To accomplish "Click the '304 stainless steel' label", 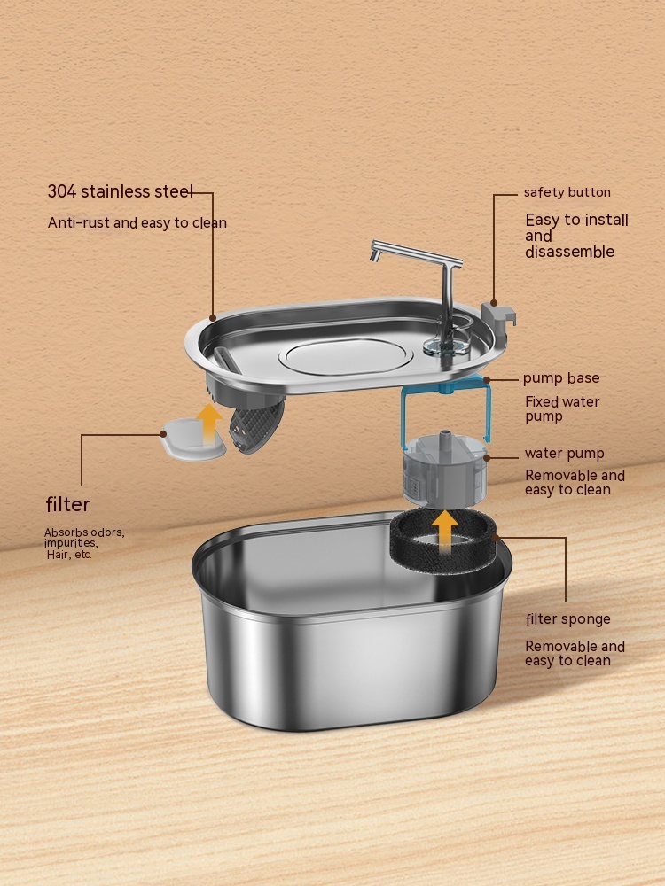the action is click(x=120, y=191).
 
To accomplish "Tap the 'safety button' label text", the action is click(x=567, y=192).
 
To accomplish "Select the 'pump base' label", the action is click(x=561, y=378).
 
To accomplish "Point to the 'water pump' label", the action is click(x=564, y=454).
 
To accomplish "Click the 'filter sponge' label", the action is click(x=567, y=619).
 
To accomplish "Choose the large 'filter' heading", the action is click(x=68, y=504).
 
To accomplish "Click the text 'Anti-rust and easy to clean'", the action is click(x=137, y=222).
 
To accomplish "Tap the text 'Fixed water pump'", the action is click(x=562, y=409).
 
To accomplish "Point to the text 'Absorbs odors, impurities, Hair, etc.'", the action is click(x=84, y=543).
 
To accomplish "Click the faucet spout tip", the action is click(x=374, y=257).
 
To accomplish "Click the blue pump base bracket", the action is click(x=446, y=407).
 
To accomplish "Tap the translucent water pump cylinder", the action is click(x=445, y=469).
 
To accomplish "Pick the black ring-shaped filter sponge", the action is click(x=442, y=540).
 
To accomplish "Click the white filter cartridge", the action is click(x=192, y=439).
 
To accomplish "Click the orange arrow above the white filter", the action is click(x=208, y=424).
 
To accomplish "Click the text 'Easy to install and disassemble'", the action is click(x=576, y=236).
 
